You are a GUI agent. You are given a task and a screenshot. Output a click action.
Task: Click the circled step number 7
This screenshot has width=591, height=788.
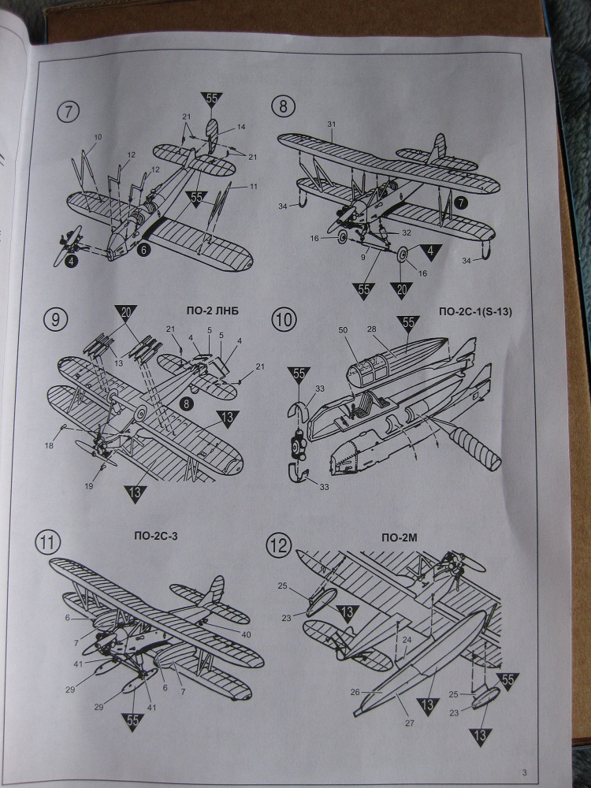(69, 111)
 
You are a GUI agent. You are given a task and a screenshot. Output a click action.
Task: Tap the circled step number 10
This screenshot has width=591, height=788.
(283, 321)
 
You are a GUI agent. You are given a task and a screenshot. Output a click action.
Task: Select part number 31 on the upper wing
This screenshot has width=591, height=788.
(332, 125)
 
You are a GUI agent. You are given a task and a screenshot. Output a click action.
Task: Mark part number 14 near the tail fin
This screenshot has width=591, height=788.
(240, 127)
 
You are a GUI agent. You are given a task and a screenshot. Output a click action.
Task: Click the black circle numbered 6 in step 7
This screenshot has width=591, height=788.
(143, 250)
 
